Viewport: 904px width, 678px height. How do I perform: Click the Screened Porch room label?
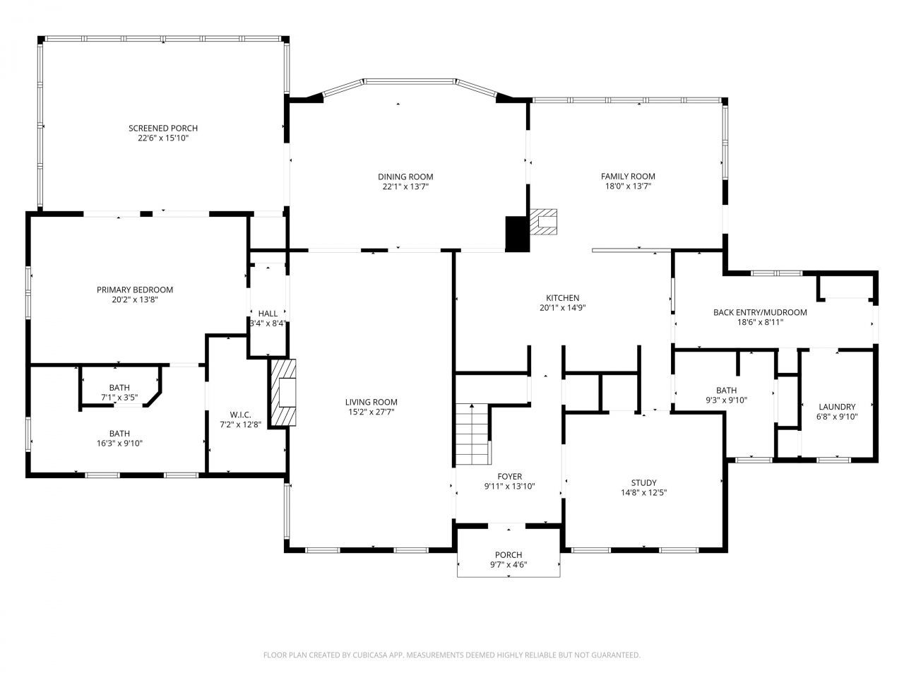(163, 128)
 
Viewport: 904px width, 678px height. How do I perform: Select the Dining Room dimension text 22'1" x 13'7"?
(405, 187)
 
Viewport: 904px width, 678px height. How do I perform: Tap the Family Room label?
(628, 177)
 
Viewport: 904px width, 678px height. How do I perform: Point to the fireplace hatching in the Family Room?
(544, 222)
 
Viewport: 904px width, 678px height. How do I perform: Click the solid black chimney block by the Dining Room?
(517, 233)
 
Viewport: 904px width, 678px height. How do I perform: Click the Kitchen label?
(562, 298)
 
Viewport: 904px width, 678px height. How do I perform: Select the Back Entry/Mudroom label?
(759, 312)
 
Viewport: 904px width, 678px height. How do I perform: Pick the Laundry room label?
(837, 407)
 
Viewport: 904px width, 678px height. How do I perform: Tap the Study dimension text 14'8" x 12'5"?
(643, 493)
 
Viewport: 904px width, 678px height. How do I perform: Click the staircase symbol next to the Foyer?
(472, 434)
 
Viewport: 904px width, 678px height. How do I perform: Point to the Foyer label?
(509, 477)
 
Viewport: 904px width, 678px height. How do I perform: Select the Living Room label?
(371, 403)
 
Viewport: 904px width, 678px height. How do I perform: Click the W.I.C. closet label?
(240, 415)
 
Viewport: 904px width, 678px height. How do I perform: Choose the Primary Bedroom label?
(135, 290)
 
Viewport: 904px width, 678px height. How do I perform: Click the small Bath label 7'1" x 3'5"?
(119, 388)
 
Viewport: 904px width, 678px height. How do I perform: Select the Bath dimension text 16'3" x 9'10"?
(119, 444)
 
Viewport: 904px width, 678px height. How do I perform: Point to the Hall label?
(268, 314)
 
